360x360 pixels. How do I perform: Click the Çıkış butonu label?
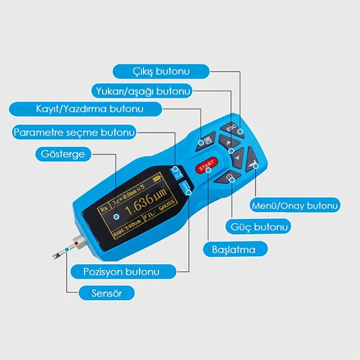pyautogui.click(x=161, y=72)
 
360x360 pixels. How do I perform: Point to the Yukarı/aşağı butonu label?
pyautogui.click(x=142, y=91)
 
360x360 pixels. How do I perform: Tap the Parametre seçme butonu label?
pyautogui.click(x=74, y=132)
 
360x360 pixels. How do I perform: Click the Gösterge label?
pyautogui.click(x=63, y=154)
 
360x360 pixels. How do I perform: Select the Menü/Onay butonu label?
pyautogui.click(x=295, y=205)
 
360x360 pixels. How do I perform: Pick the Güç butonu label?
pyautogui.click(x=258, y=227)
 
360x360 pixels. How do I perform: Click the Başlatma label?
pyautogui.click(x=235, y=249)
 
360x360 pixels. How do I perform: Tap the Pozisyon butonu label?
pyautogui.click(x=123, y=271)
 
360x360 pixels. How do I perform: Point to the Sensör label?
pyautogui.click(x=107, y=293)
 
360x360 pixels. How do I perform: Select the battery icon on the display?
pyautogui.click(x=158, y=178)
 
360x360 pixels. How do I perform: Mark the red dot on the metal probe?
pyautogui.click(x=76, y=243)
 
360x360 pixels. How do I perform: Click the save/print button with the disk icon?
pyautogui.click(x=206, y=141)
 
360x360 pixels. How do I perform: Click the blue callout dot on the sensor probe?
pyautogui.click(x=67, y=249)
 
